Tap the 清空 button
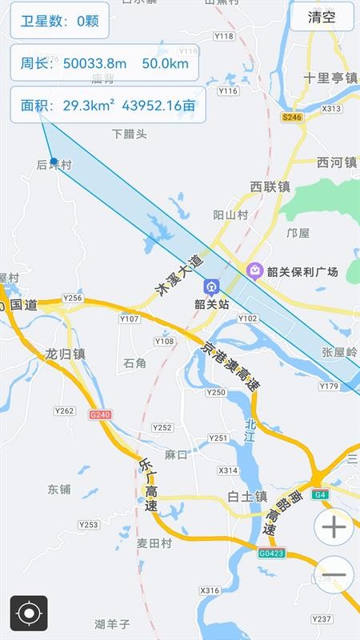[x=322, y=17]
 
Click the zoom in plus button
[x=334, y=527]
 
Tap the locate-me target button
[x=29, y=614]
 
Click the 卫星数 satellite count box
[x=59, y=21]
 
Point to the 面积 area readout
[x=107, y=104]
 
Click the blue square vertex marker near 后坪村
[x=54, y=161]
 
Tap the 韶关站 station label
[x=212, y=304]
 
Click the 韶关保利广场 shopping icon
[x=255, y=271]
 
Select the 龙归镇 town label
[x=66, y=354]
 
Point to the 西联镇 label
[x=270, y=186]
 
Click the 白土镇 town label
[x=246, y=496]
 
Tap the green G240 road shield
[x=100, y=414]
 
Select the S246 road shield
[x=292, y=117]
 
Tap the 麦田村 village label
[x=154, y=542]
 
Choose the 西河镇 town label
[x=336, y=162]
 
